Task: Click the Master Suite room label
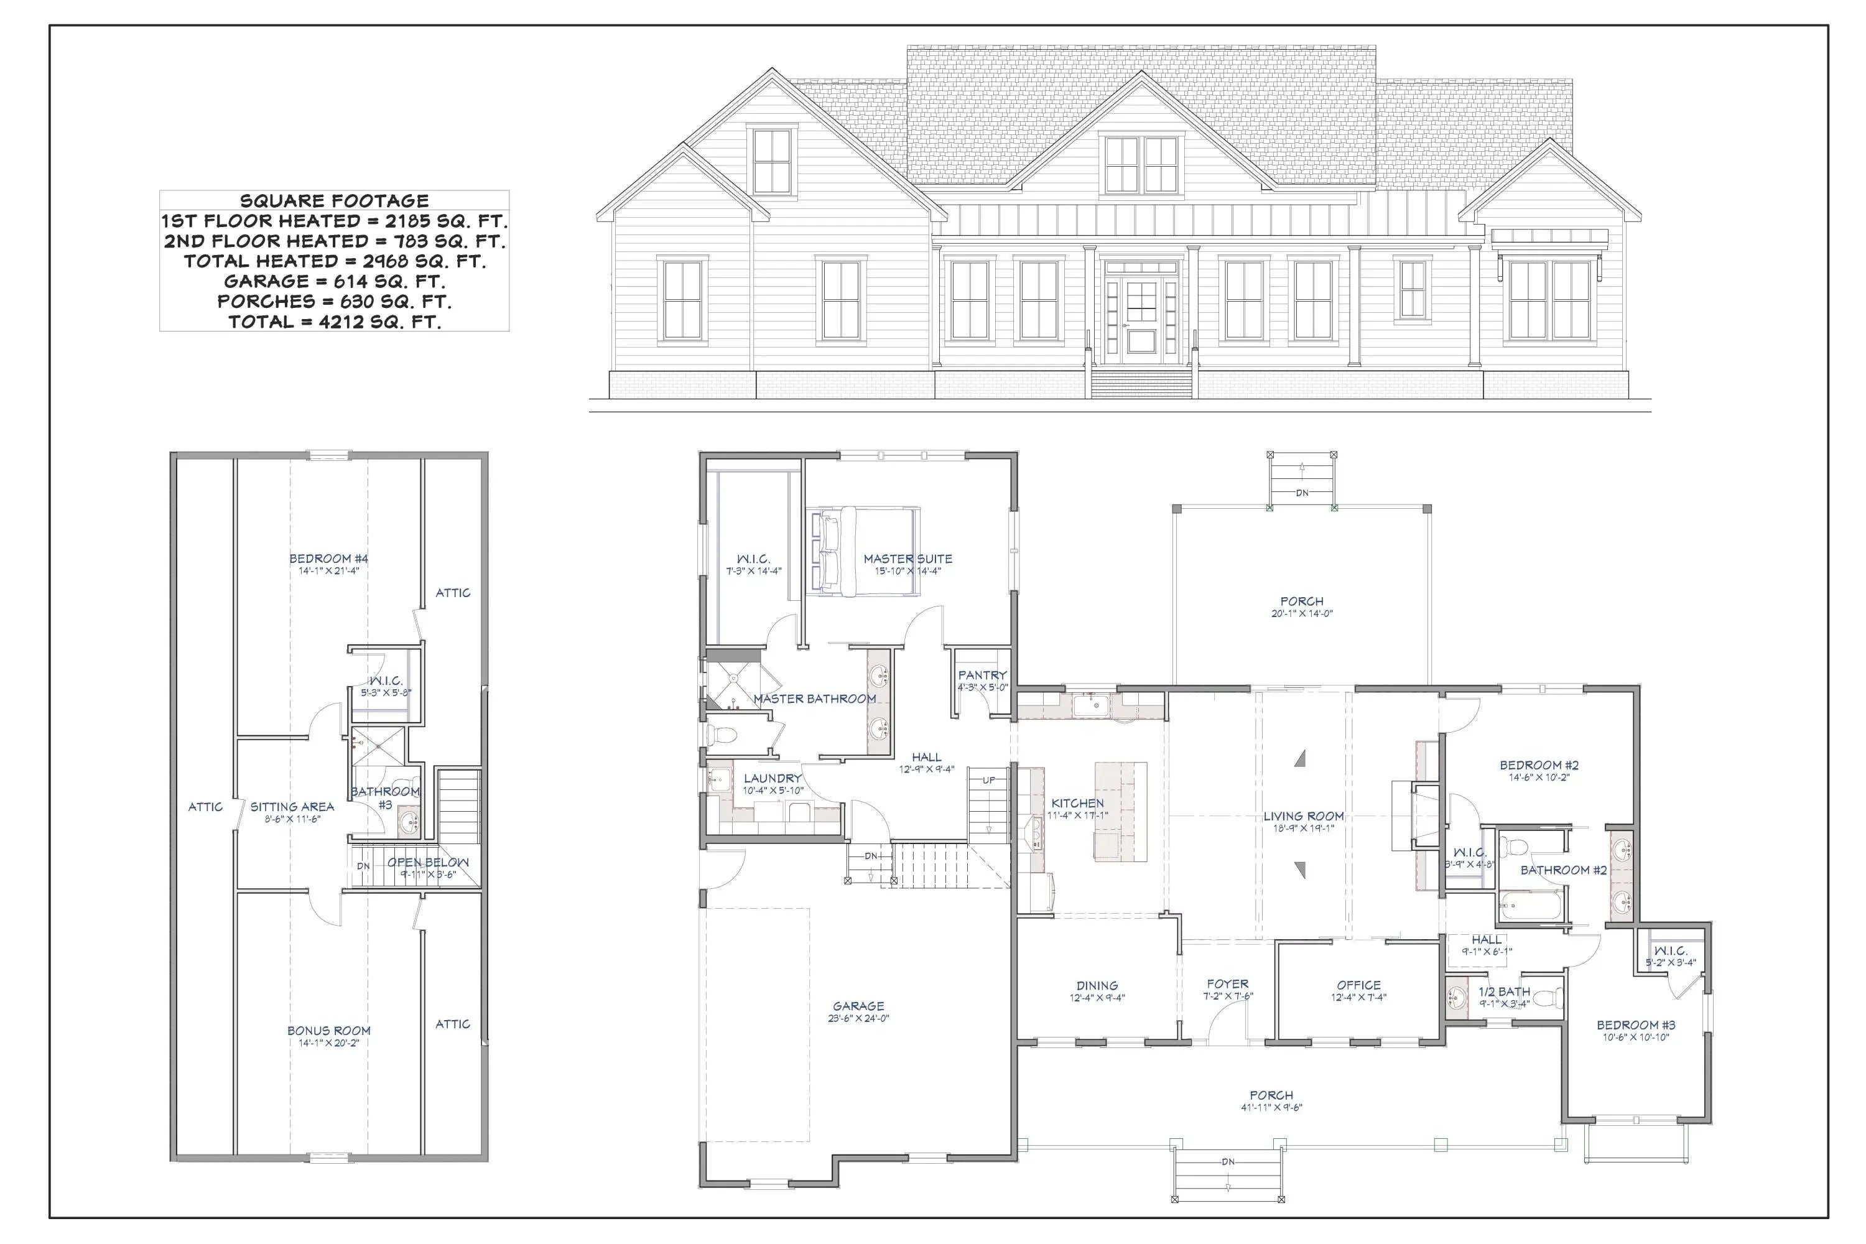coord(907,559)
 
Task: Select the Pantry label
coord(982,675)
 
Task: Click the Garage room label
coord(858,1006)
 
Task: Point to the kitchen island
coord(1120,811)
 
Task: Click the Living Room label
coord(1304,815)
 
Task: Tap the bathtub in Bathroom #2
coord(1530,904)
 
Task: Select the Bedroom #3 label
coord(1636,1025)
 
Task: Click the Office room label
coord(1358,985)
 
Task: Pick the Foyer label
coord(1227,984)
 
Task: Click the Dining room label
coord(1097,985)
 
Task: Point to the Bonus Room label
coord(329,1031)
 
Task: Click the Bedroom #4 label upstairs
coord(328,559)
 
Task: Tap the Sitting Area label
coord(292,807)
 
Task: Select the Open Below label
coord(428,862)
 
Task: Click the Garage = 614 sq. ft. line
coord(334,281)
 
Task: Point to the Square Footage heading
coord(334,201)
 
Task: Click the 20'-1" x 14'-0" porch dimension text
coord(1302,613)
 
